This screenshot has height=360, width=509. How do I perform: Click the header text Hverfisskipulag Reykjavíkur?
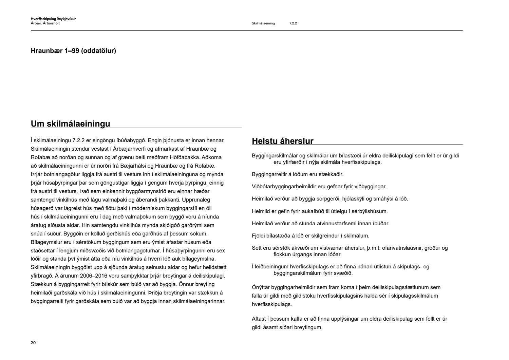(53, 19)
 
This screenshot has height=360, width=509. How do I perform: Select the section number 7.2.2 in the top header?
(293, 23)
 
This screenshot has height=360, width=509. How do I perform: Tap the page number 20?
(33, 343)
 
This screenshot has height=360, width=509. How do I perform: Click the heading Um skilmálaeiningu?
(70, 124)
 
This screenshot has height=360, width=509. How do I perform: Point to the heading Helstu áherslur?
(282, 141)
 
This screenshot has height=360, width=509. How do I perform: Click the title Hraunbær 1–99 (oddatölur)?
(73, 51)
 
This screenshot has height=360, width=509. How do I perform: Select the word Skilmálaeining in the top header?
(263, 23)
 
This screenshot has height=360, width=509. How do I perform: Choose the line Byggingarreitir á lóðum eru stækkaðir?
(298, 174)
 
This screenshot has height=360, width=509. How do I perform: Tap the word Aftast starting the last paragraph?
(259, 319)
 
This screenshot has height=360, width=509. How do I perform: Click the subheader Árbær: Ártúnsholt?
(45, 23)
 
